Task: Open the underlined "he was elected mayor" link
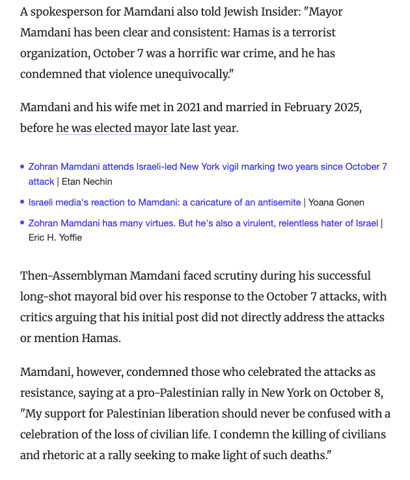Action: click(x=112, y=128)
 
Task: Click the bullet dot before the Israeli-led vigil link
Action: click(x=23, y=167)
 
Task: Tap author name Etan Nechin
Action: click(x=87, y=181)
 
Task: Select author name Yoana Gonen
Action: click(x=336, y=202)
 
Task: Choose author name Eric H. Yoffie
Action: click(x=55, y=237)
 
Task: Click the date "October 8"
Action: click(x=355, y=392)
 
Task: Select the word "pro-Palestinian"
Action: click(x=174, y=392)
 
